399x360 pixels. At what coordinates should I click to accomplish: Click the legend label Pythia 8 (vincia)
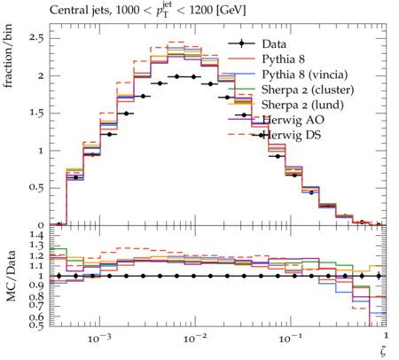[x=305, y=74]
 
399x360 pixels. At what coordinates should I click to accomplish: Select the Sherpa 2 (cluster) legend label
[x=308, y=90]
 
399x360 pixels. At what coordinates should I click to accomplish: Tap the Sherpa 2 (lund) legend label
[x=302, y=105]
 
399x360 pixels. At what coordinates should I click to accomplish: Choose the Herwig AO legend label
[x=293, y=120]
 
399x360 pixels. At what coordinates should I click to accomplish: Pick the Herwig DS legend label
[x=292, y=135]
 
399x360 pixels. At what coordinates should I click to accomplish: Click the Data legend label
[x=274, y=44]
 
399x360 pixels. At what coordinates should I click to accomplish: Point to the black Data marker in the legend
[x=241, y=43]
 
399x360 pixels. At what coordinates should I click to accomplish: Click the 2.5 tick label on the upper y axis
[x=35, y=38]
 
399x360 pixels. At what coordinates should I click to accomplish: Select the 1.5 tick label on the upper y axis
[x=35, y=113]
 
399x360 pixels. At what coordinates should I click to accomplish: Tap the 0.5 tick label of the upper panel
[x=35, y=188]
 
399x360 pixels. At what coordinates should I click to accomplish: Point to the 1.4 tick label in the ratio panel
[x=36, y=235]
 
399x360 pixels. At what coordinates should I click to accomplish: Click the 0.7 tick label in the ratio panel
[x=36, y=306]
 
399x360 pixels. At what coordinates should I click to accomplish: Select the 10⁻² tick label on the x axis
[x=193, y=338]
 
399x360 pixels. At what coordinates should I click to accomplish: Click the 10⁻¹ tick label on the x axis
[x=289, y=338]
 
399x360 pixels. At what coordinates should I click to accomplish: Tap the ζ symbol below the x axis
[x=383, y=350]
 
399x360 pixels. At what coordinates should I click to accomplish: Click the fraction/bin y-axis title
[x=8, y=56]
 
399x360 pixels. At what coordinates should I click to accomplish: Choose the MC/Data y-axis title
[x=12, y=276]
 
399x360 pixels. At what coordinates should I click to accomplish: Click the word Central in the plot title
[x=66, y=10]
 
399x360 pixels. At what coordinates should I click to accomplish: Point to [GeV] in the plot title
[x=231, y=11]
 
